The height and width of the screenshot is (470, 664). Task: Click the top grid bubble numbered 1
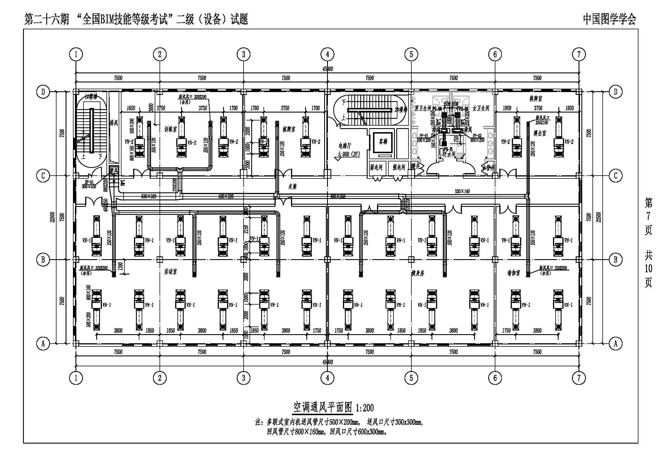point(76,54)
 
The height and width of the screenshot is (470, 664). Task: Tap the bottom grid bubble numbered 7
point(579,378)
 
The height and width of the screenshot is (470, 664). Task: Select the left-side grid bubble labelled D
point(43,92)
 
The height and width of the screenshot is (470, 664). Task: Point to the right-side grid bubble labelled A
point(615,344)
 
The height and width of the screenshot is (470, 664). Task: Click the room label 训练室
point(170,129)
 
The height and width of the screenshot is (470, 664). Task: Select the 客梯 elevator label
point(383,142)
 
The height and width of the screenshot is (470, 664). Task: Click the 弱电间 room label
point(376,167)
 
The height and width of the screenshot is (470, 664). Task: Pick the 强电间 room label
point(399,167)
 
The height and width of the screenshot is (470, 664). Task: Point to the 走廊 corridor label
point(292,187)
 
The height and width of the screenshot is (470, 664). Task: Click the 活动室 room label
point(170,271)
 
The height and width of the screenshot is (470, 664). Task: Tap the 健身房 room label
point(418,273)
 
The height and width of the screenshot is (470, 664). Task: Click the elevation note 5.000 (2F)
point(349,154)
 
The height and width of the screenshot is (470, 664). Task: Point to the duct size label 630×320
point(149,197)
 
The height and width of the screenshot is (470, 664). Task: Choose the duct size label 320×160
point(462,191)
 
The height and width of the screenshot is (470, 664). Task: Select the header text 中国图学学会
point(609,19)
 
